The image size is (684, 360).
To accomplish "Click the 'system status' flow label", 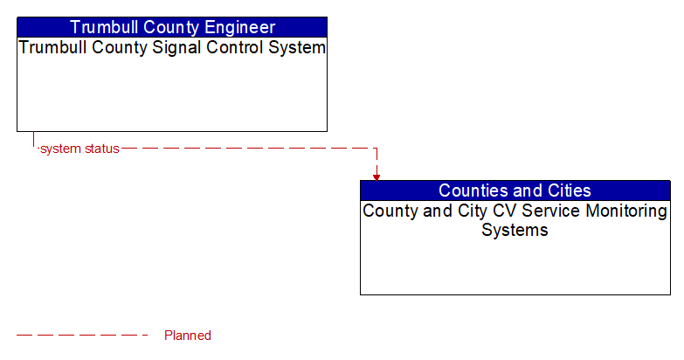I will click(79, 149).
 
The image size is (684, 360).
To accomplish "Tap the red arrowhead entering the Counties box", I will click(377, 177).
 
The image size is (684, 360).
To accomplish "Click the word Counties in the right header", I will click(472, 190).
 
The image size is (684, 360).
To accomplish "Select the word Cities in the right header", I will click(566, 190).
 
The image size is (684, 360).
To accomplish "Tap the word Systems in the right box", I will click(515, 231).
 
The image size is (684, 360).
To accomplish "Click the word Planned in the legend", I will click(188, 336).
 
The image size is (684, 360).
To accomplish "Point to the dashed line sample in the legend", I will click(83, 336).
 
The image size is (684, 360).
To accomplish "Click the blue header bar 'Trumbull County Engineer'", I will click(172, 27).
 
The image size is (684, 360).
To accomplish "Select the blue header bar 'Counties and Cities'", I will click(515, 190).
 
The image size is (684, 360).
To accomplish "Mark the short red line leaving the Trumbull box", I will click(34, 140).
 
